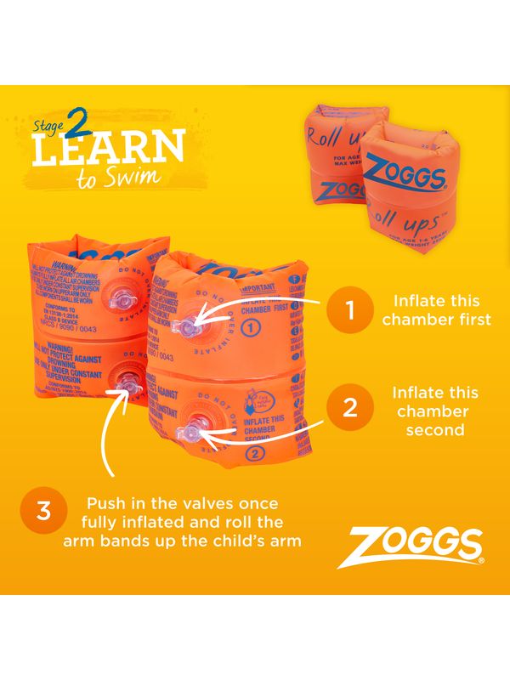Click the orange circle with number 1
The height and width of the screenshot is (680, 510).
click(x=350, y=310)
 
